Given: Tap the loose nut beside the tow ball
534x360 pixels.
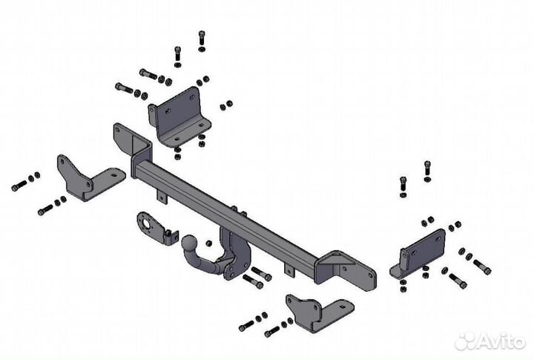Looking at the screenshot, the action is (x=208, y=243).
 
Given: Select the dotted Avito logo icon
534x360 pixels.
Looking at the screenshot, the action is (x=465, y=341).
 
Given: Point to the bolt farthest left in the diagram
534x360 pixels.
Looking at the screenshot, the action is (x=19, y=186).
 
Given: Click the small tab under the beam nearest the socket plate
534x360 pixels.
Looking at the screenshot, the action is (x=162, y=197).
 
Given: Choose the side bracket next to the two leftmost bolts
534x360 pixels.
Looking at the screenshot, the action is (x=89, y=178).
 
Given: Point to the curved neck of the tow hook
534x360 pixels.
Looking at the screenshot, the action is (x=205, y=263).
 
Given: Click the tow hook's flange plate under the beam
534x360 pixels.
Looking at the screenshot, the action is (x=236, y=254).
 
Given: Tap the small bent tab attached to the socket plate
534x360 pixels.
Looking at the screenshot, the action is (x=172, y=236).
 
